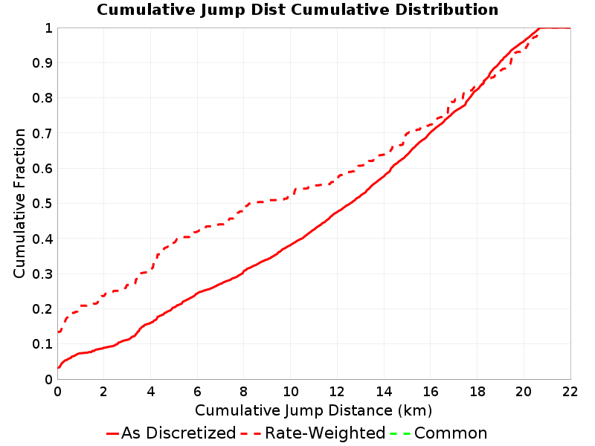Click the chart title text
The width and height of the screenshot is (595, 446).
pos(297,10)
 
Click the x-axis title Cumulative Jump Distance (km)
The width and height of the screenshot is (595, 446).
pos(313,410)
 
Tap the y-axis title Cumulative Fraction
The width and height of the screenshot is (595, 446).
pos(19,203)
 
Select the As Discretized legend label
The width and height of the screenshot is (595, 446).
pos(178,433)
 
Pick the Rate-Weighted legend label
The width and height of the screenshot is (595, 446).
pos(325,433)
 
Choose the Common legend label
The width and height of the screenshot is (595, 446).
pos(451,433)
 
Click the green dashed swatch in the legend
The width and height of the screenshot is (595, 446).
pos(400,433)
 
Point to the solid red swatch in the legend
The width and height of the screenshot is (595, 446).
pos(113,433)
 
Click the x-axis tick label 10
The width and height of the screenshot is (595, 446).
pos(290,392)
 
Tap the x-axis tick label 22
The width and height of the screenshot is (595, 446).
pos(570,392)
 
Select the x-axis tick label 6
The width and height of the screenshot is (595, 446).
pos(197,392)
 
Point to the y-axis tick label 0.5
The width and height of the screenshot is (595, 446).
pos(42,204)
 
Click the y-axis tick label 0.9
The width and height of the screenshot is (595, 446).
pos(42,63)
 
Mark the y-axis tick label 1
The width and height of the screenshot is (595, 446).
pos(49,28)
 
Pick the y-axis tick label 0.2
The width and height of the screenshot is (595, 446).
pos(42,309)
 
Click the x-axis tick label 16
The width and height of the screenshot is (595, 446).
pos(431,392)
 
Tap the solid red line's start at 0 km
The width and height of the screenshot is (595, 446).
pos(58,367)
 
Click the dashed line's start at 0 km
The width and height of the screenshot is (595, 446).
pos(58,332)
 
